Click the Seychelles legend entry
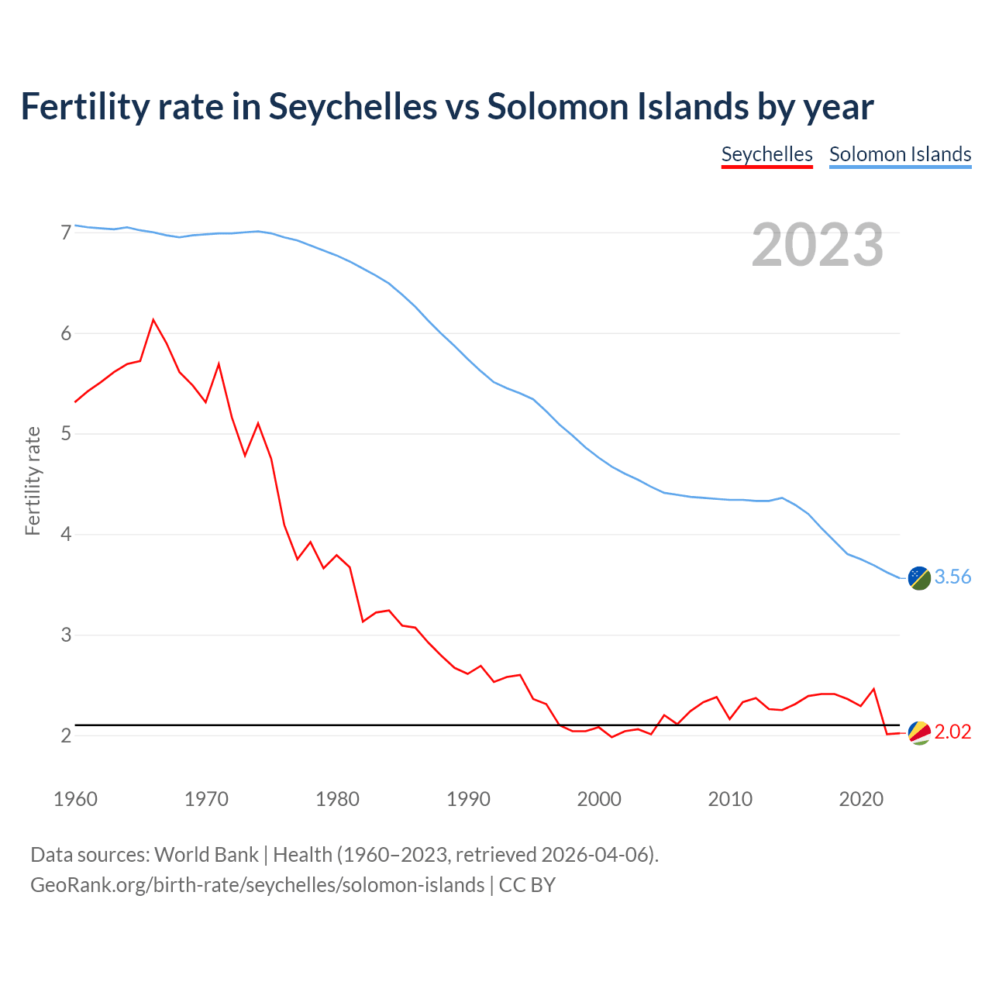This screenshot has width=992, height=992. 766,154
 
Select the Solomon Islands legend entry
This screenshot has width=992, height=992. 900,154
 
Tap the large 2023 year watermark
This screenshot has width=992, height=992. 818,245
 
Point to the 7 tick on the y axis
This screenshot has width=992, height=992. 66,232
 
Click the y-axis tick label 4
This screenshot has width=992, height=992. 66,535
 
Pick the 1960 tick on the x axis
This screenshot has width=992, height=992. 75,799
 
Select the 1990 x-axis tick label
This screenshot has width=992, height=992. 468,799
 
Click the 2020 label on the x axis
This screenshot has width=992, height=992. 861,799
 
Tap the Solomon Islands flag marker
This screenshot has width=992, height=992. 919,577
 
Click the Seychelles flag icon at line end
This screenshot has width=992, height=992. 919,732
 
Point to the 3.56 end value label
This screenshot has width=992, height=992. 952,577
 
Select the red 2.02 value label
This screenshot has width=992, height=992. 952,732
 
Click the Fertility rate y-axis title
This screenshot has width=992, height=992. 33,480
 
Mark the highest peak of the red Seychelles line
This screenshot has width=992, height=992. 153,319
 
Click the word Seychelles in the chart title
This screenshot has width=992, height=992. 353,106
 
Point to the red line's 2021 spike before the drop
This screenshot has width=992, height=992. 873,689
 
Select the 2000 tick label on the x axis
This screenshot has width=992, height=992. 599,799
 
